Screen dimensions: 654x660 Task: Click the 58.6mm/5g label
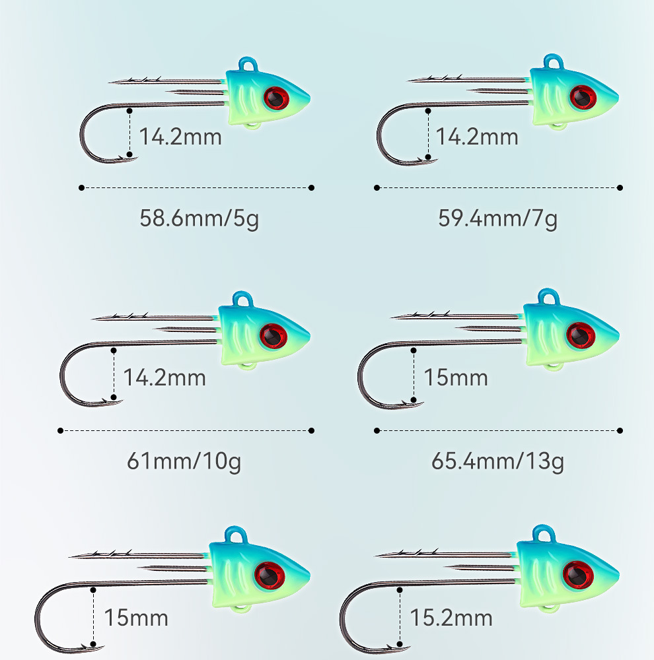coord(199,218)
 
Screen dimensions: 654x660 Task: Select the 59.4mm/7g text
coord(497,218)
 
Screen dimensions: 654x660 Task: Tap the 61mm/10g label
coord(184,461)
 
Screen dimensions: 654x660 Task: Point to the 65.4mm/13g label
coord(497,461)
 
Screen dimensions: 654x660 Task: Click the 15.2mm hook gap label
coord(451,618)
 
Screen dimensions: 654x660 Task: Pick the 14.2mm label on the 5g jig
coord(180,137)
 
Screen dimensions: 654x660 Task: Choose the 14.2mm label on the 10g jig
coord(164,378)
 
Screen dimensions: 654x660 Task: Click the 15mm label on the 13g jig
coord(455,378)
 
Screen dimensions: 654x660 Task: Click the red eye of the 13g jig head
coord(580,335)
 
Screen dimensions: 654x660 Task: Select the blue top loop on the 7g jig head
coord(552,63)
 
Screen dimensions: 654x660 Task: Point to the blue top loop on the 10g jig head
coord(243,300)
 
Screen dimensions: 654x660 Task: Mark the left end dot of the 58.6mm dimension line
coord(81,187)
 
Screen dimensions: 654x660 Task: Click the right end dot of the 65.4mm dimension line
coord(620,430)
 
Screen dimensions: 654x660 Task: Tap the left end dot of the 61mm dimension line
coord(61,430)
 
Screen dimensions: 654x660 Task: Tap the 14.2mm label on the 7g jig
coord(477,137)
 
